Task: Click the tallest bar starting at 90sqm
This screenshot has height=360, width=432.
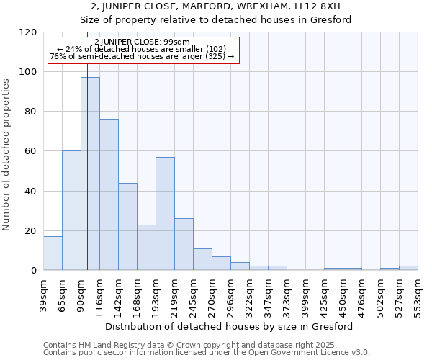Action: [90, 174]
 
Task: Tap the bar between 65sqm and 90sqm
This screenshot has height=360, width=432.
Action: [71, 210]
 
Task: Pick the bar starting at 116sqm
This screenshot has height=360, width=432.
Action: [109, 194]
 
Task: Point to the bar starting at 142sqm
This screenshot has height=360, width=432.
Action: [127, 226]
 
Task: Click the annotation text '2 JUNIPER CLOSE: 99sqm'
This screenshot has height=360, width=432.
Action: [142, 42]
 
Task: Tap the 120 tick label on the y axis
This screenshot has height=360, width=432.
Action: [28, 32]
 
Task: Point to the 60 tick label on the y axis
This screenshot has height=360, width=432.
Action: [31, 151]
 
